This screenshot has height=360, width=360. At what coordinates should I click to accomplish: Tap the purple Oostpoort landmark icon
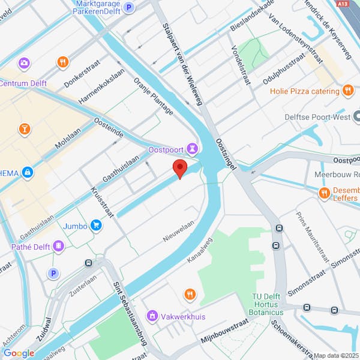pyautogui.click(x=192, y=148)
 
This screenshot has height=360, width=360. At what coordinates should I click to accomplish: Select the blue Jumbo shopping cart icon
pyautogui.click(x=96, y=226)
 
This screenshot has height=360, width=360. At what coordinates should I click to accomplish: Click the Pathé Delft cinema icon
pyautogui.click(x=59, y=245)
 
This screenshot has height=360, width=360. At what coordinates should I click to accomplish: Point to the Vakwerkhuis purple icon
pyautogui.click(x=152, y=315)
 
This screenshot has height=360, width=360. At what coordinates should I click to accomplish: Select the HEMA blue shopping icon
pyautogui.click(x=27, y=173)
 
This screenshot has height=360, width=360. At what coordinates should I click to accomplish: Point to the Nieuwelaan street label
pyautogui.click(x=179, y=230)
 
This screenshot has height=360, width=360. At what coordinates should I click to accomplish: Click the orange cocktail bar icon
pyautogui.click(x=25, y=128)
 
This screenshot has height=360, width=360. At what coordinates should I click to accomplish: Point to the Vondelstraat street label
pyautogui.click(x=239, y=62)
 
